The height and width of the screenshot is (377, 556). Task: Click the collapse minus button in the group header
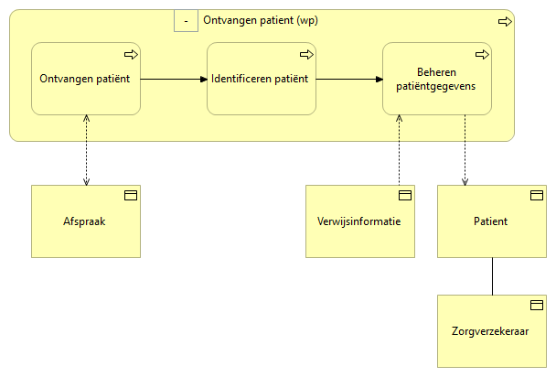186,20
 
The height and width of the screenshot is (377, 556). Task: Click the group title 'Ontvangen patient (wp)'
261,20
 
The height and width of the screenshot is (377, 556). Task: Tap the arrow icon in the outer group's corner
504,21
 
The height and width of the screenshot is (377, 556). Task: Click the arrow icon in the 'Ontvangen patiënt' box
130,54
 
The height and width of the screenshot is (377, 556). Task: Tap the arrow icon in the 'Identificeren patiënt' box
305,54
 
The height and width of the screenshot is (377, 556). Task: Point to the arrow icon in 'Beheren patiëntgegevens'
481,54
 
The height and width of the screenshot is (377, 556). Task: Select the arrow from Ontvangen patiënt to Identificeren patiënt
173,79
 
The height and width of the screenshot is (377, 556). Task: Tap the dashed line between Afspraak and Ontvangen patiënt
85,150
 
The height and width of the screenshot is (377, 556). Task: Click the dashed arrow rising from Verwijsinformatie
399,150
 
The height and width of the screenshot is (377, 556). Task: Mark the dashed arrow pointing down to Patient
465,150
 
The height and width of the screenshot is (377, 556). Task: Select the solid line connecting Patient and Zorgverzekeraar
492,276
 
